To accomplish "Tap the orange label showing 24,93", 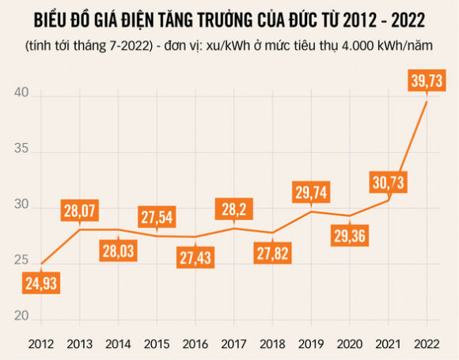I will coord(40,282).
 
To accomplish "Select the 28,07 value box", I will coord(79,211).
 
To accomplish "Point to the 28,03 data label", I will coord(118,250).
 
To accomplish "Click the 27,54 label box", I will coord(157,217).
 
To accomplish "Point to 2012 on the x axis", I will coord(40,343).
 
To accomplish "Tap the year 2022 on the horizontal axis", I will coord(427,343).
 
